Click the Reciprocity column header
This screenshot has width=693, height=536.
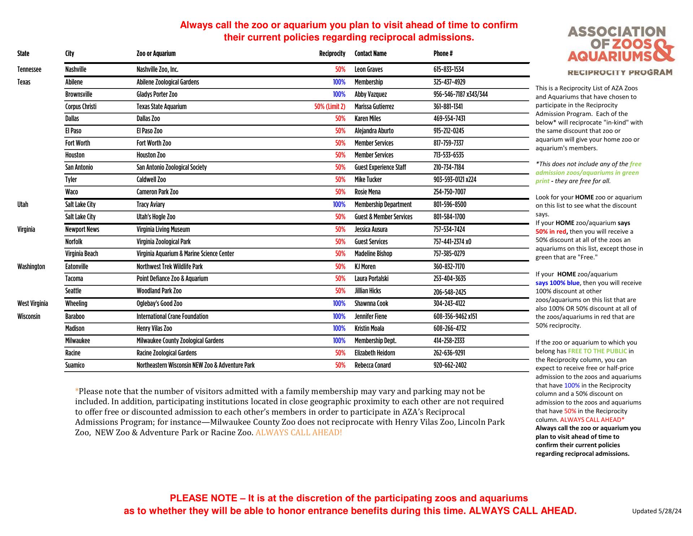click(x=332, y=53)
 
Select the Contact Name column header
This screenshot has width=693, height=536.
click(x=370, y=53)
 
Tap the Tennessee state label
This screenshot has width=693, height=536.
click(x=29, y=69)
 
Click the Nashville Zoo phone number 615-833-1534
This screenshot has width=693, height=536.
click(x=449, y=69)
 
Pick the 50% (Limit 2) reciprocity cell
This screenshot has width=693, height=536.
click(x=330, y=107)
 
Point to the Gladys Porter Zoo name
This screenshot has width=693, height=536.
click(x=157, y=94)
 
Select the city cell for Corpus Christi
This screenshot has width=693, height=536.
click(x=81, y=107)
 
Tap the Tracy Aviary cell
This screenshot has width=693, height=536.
click(x=151, y=204)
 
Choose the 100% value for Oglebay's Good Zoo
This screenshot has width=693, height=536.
click(x=339, y=303)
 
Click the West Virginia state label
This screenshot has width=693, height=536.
click(x=32, y=303)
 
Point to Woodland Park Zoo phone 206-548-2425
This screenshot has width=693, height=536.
click(x=450, y=292)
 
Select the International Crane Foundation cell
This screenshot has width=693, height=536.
click(x=172, y=316)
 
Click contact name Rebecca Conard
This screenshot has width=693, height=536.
click(x=372, y=365)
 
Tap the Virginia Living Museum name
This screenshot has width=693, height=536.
click(x=163, y=229)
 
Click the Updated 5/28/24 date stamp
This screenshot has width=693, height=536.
click(x=657, y=511)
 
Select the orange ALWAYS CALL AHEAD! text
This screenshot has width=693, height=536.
click(x=298, y=432)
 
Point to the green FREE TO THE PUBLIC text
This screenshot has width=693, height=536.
click(x=597, y=351)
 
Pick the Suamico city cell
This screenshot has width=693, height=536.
click(x=75, y=365)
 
